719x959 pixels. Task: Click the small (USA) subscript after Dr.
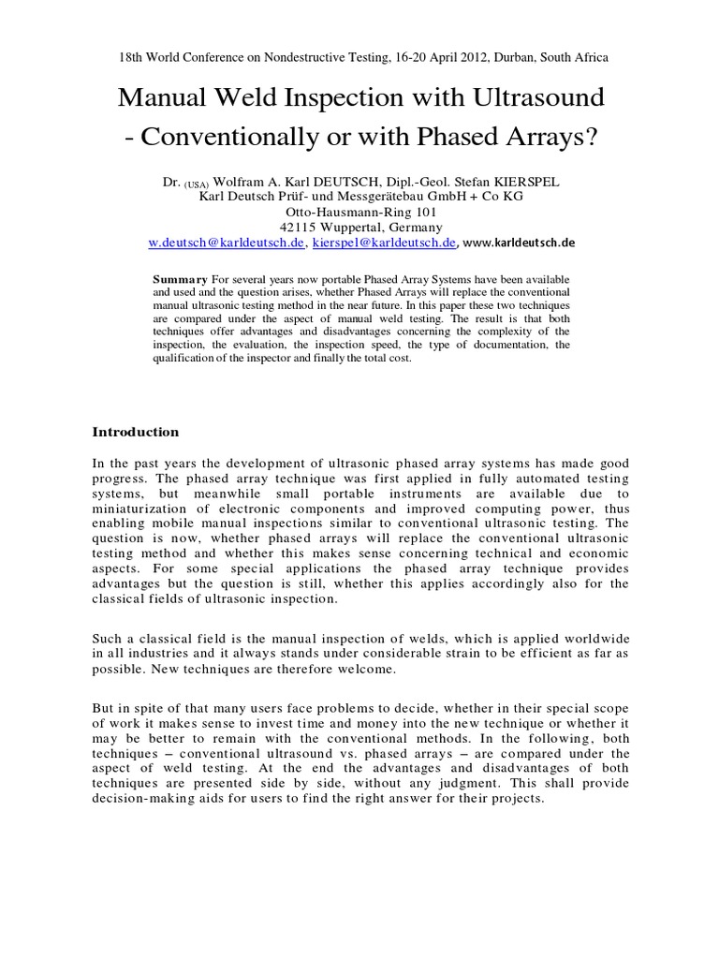pos(198,184)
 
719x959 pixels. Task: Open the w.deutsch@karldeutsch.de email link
pos(227,242)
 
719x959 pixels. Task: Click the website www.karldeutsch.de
pos(520,242)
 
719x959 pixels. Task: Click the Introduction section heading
pos(135,432)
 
